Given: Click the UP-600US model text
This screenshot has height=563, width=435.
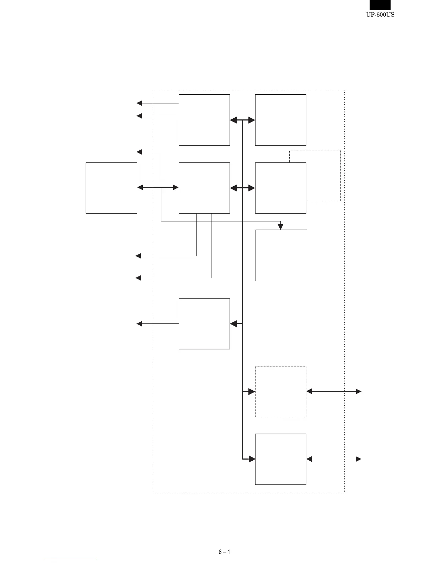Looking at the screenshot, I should pyautogui.click(x=380, y=15).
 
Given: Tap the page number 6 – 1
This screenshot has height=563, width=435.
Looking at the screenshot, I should pyautogui.click(x=224, y=552).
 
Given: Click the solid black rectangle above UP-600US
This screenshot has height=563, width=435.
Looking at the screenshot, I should pyautogui.click(x=380, y=5).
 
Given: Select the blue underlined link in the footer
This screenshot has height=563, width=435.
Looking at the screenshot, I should pyautogui.click(x=70, y=560).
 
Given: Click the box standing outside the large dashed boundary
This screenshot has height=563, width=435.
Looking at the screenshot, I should pyautogui.click(x=111, y=188).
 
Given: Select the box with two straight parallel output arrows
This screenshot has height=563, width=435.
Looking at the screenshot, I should pyautogui.click(x=204, y=120).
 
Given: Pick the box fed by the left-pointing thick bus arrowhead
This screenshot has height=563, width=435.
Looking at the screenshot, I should pyautogui.click(x=204, y=324).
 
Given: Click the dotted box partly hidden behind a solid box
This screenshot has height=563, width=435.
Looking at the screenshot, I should pyautogui.click(x=323, y=175).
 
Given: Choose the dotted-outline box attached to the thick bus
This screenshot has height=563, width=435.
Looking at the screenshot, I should pyautogui.click(x=281, y=392).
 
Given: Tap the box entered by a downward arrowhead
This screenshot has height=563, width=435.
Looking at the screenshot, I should pyautogui.click(x=281, y=255).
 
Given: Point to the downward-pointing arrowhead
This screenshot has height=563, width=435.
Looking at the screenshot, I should pyautogui.click(x=280, y=227).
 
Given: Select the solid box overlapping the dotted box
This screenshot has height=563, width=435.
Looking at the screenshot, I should pyautogui.click(x=281, y=188).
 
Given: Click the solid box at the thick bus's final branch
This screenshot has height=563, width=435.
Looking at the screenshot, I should pyautogui.click(x=281, y=459).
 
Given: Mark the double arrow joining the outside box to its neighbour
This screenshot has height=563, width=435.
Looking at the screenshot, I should pyautogui.click(x=157, y=187).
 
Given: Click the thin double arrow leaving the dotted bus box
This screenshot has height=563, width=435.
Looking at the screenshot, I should pyautogui.click(x=334, y=391).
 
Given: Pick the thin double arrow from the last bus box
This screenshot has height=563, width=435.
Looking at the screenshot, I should pyautogui.click(x=334, y=459).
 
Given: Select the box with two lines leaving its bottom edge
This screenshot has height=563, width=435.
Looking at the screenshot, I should pyautogui.click(x=204, y=188).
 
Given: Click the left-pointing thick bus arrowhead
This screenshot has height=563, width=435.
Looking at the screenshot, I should pyautogui.click(x=234, y=324).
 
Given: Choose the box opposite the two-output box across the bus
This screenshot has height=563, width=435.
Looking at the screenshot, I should pyautogui.click(x=281, y=120).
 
